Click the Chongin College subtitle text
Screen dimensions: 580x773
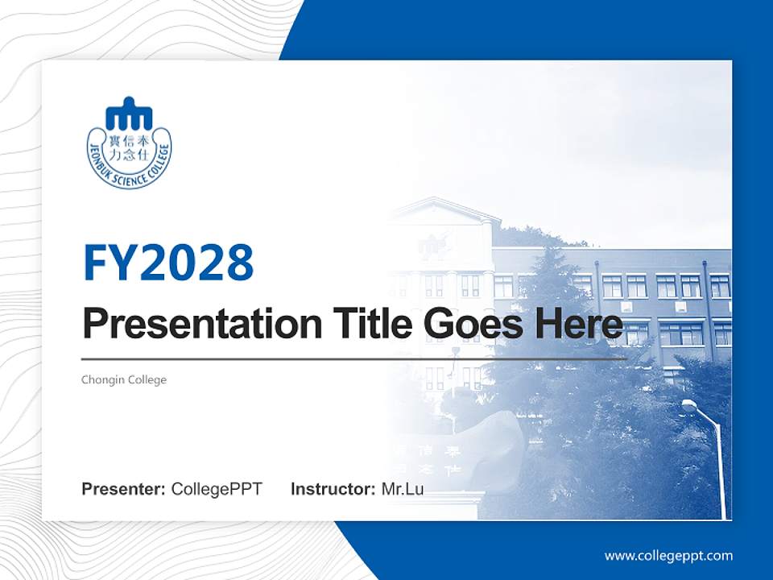click(124, 379)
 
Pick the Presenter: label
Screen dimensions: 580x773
click(123, 489)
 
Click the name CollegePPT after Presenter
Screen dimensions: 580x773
click(217, 489)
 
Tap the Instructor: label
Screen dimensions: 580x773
click(333, 489)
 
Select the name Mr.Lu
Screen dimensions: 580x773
click(402, 489)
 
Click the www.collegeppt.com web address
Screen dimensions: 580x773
click(668, 555)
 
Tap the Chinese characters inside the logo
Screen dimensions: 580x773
click(129, 147)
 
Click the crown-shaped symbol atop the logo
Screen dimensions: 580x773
click(129, 114)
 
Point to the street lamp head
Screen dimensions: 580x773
click(690, 405)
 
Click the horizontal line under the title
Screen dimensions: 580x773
click(354, 358)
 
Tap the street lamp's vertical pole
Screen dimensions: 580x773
click(720, 467)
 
